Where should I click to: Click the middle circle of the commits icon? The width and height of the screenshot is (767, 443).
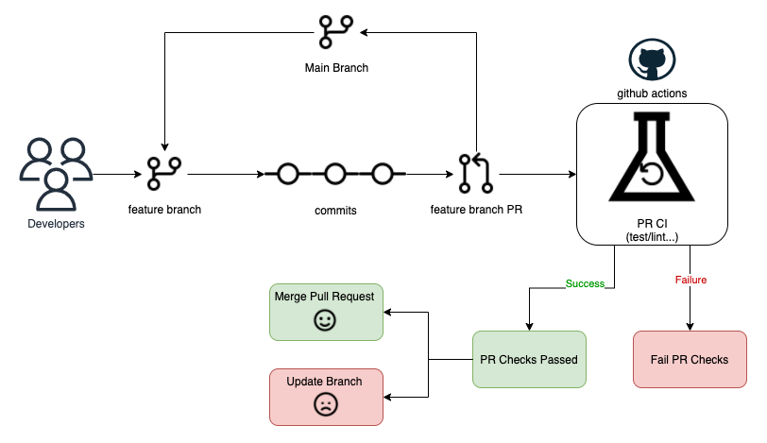tap(335, 174)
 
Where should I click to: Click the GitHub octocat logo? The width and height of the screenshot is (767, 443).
tap(652, 60)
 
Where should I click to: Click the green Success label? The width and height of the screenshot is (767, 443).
tap(585, 283)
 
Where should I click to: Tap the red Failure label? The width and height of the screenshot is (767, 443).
tap(690, 280)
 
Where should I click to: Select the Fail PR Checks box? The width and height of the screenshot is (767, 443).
tap(690, 359)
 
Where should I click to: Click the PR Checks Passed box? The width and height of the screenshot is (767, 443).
tap(529, 359)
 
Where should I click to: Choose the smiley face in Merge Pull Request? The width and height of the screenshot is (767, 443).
tap(325, 321)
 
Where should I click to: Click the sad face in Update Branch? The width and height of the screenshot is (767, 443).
tap(325, 405)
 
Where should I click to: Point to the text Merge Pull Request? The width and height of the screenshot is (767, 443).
tap(324, 297)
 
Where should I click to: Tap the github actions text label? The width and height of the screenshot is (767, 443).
tap(652, 94)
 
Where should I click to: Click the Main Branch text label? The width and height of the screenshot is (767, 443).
tap(336, 68)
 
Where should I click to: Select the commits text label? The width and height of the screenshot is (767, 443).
tap(335, 211)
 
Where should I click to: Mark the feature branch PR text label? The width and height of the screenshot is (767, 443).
tap(476, 210)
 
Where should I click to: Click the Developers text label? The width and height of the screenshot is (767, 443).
tap(56, 224)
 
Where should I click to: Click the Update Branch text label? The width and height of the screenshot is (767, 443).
tap(324, 382)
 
